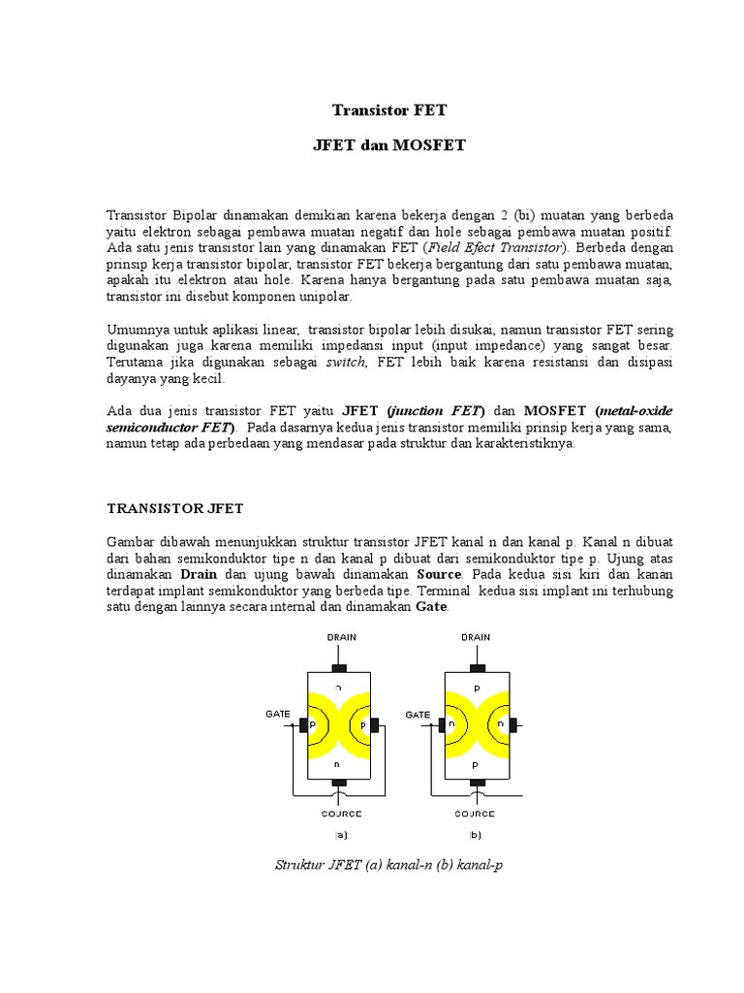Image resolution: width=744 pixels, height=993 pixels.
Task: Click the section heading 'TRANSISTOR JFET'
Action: [174, 507]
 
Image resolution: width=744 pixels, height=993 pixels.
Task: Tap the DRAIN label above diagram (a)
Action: [338, 637]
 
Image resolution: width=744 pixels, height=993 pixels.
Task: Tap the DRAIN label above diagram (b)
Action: [475, 637]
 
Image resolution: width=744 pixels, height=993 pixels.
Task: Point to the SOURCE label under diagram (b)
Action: [475, 814]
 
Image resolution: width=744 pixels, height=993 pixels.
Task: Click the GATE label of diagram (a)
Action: [278, 713]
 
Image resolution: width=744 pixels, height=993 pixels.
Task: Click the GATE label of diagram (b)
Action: [418, 714]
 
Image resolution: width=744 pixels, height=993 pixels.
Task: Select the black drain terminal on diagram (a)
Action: [338, 667]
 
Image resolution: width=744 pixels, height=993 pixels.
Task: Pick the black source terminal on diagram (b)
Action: [475, 782]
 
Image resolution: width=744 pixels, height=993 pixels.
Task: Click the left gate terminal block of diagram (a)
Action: [302, 724]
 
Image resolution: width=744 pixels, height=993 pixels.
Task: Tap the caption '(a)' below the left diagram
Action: [340, 834]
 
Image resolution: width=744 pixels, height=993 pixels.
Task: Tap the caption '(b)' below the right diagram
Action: [475, 834]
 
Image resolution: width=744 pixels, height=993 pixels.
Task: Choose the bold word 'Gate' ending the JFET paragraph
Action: [431, 606]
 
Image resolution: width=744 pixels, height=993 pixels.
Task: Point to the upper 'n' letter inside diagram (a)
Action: [338, 687]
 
